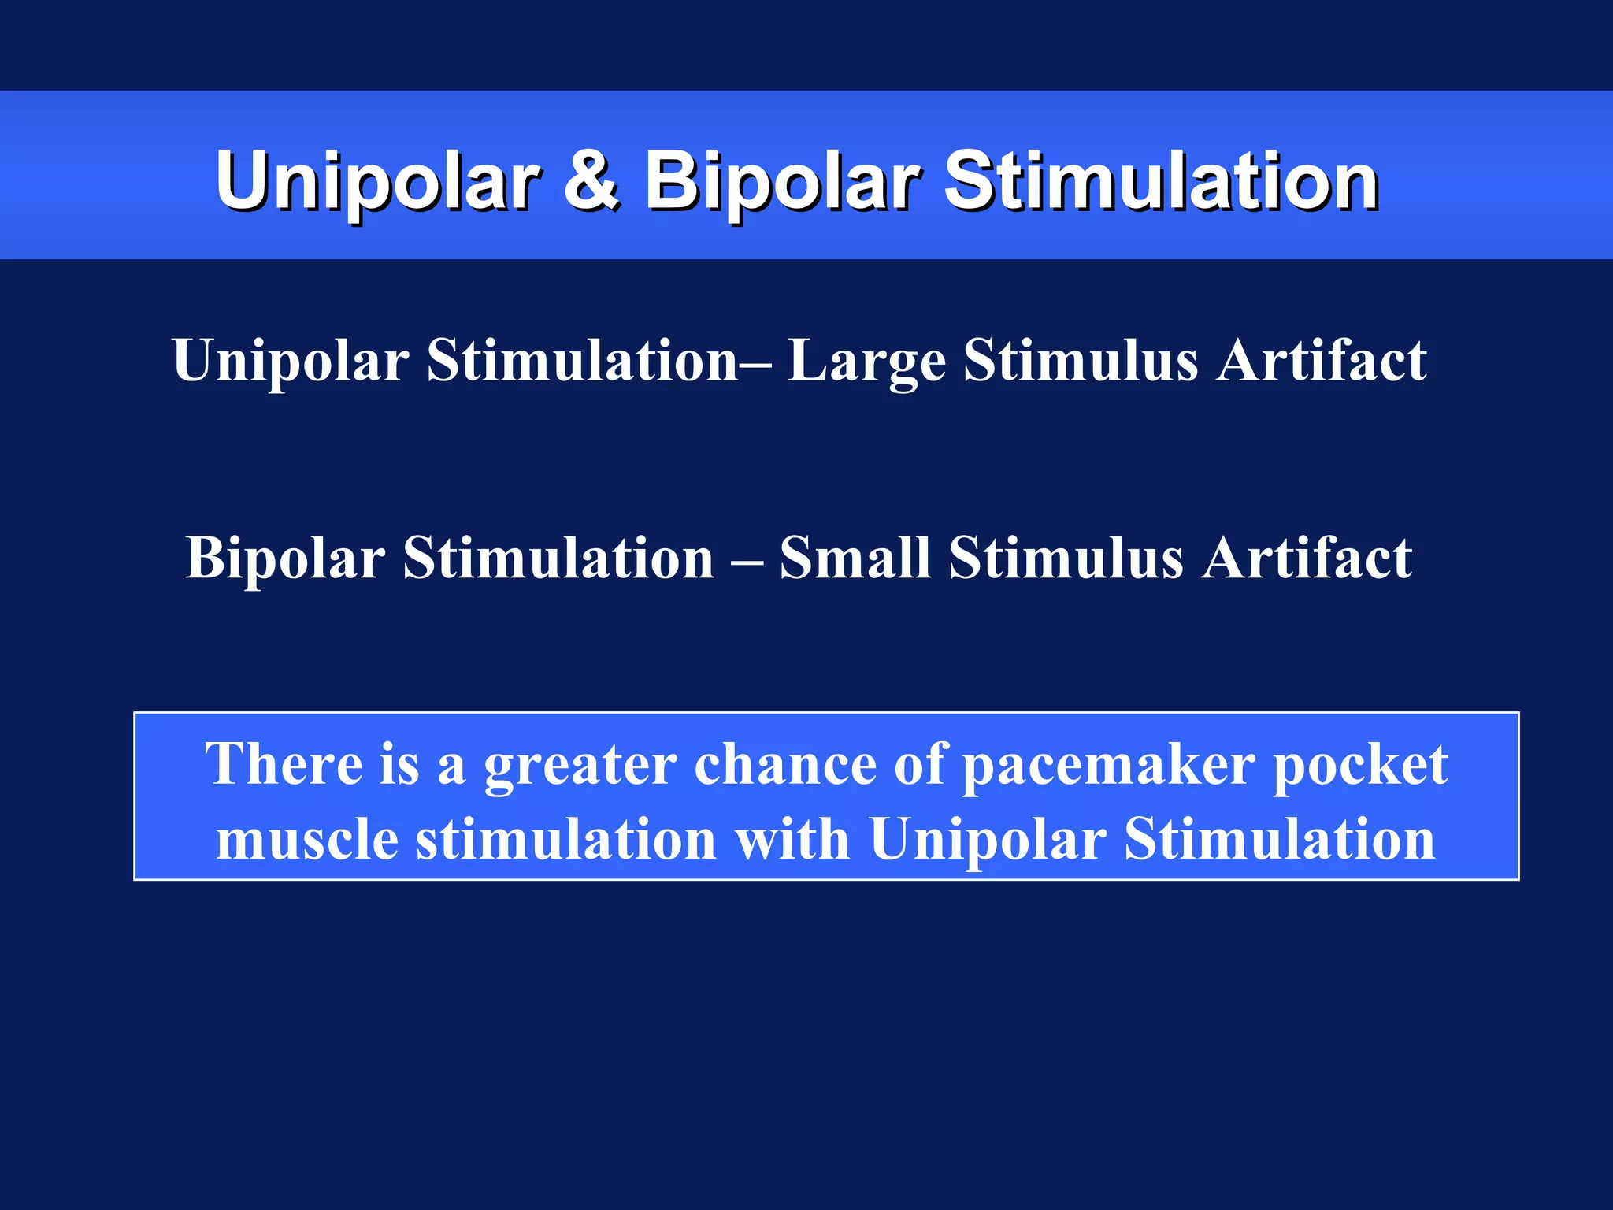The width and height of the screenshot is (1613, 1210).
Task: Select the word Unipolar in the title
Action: tap(378, 183)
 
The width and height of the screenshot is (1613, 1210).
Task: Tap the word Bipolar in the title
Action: tap(782, 183)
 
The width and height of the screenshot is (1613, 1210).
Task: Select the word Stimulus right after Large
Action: tap(1081, 361)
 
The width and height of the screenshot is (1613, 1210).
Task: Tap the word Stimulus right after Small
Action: tap(1066, 558)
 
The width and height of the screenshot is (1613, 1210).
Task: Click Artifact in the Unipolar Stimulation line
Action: tap(1321, 361)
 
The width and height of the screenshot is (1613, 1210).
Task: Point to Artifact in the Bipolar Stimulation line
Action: tap(1307, 558)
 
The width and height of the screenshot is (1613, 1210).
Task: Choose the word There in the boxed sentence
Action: tap(284, 763)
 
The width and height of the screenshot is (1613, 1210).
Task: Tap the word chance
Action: tap(784, 763)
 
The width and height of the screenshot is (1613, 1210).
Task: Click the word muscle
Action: tap(307, 840)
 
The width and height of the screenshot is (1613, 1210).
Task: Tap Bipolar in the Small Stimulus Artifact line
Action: tap(285, 558)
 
